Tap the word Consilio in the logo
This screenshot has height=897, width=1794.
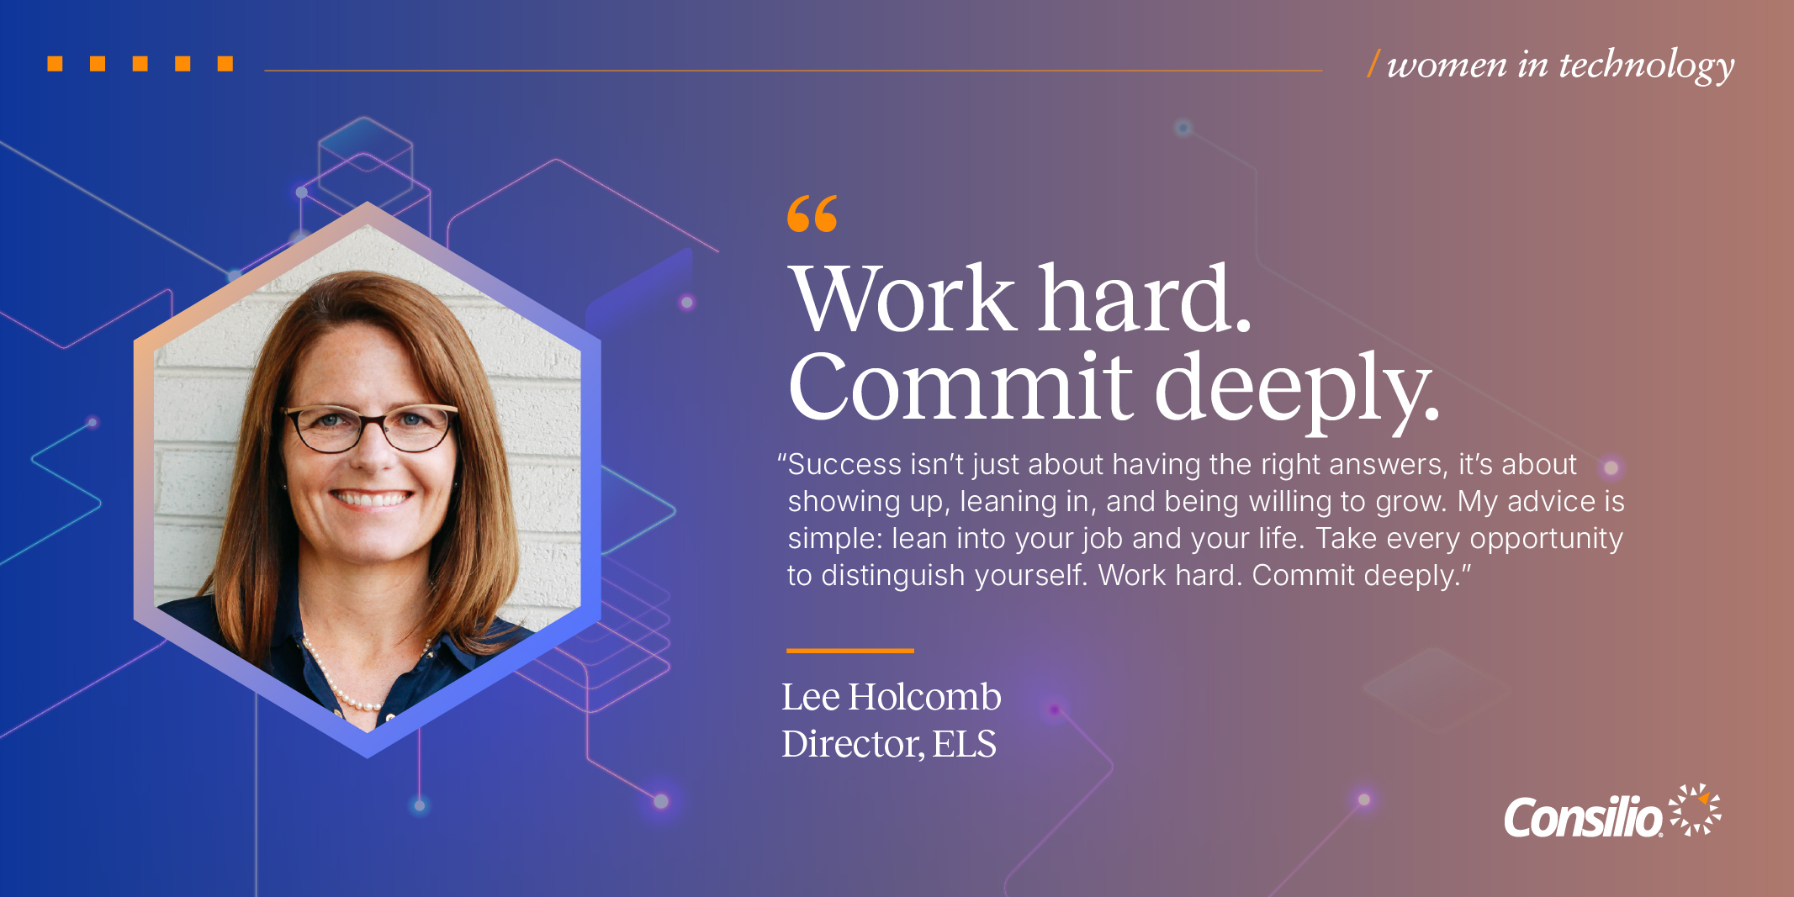point(1582,818)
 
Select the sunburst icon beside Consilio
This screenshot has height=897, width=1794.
point(1695,810)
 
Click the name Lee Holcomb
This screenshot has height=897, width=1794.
point(891,697)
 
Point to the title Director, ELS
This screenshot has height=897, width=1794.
point(888,744)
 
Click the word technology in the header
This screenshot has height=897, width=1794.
point(1646,66)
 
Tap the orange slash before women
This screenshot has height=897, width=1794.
point(1373,64)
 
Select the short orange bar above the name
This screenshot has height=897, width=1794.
point(849,651)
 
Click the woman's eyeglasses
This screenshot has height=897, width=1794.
point(371,426)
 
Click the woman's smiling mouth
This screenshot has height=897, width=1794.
point(371,498)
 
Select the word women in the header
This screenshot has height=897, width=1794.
point(1447,66)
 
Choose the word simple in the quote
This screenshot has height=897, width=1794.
point(834,539)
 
